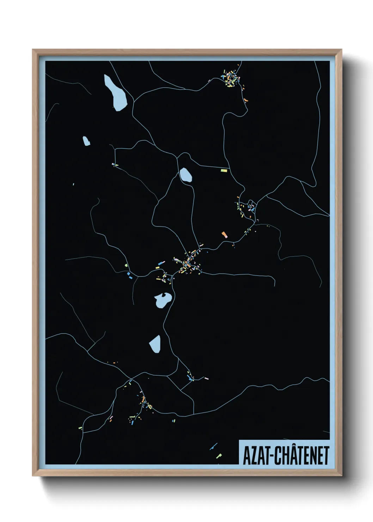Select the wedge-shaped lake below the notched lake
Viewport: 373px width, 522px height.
[155, 344]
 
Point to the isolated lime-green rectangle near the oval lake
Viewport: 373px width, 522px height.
[224, 170]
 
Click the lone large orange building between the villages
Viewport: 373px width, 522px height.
[224, 234]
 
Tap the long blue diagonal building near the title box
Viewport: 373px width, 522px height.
[213, 447]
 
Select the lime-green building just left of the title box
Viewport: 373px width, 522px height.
[219, 456]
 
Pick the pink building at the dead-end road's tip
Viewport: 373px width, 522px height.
[207, 378]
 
